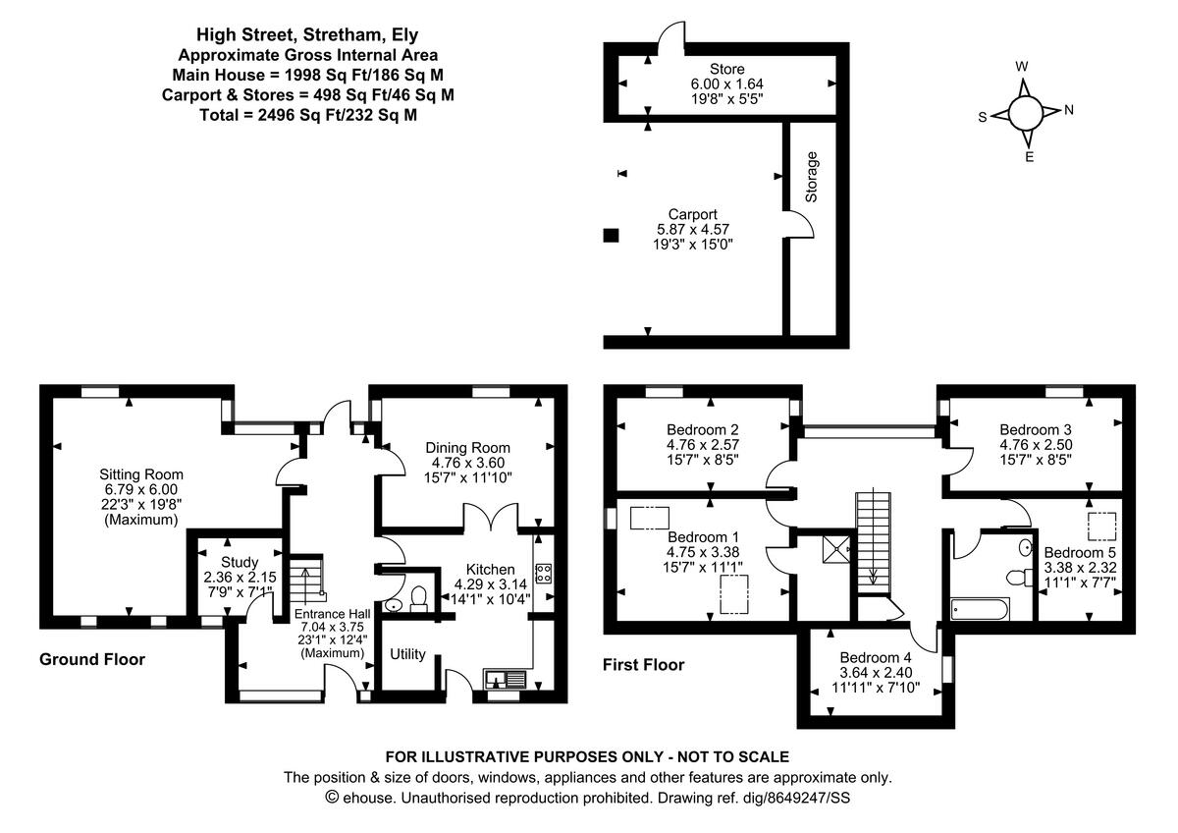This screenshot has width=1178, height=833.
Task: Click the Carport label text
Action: click(692, 214)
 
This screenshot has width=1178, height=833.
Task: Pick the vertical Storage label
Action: click(812, 177)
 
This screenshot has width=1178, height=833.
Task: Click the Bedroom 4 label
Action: click(876, 658)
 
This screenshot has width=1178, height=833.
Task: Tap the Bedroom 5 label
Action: click(1079, 552)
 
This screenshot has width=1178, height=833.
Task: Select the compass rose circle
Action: click(1025, 112)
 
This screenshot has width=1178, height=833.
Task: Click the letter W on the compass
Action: click(1022, 67)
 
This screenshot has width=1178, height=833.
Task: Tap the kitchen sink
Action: click(506, 678)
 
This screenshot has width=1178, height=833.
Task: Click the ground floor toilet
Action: click(418, 599)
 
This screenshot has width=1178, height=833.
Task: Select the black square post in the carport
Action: click(611, 235)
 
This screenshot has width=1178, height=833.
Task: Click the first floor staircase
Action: click(872, 540)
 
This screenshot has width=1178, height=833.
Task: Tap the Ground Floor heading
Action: click(92, 659)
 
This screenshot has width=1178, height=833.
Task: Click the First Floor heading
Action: click(643, 665)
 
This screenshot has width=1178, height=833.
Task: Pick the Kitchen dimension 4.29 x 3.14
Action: click(490, 586)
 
